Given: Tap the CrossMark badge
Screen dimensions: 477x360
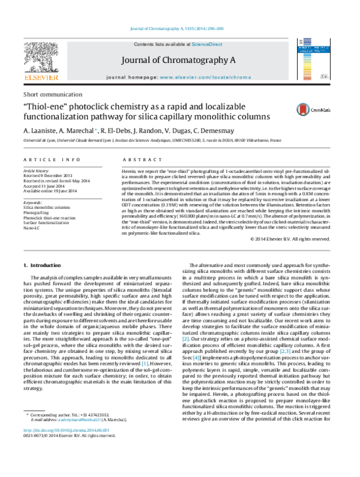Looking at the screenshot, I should pyautogui.click(x=308, y=109).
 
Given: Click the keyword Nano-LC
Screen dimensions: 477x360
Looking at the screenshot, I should pyautogui.click(x=34, y=228).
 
